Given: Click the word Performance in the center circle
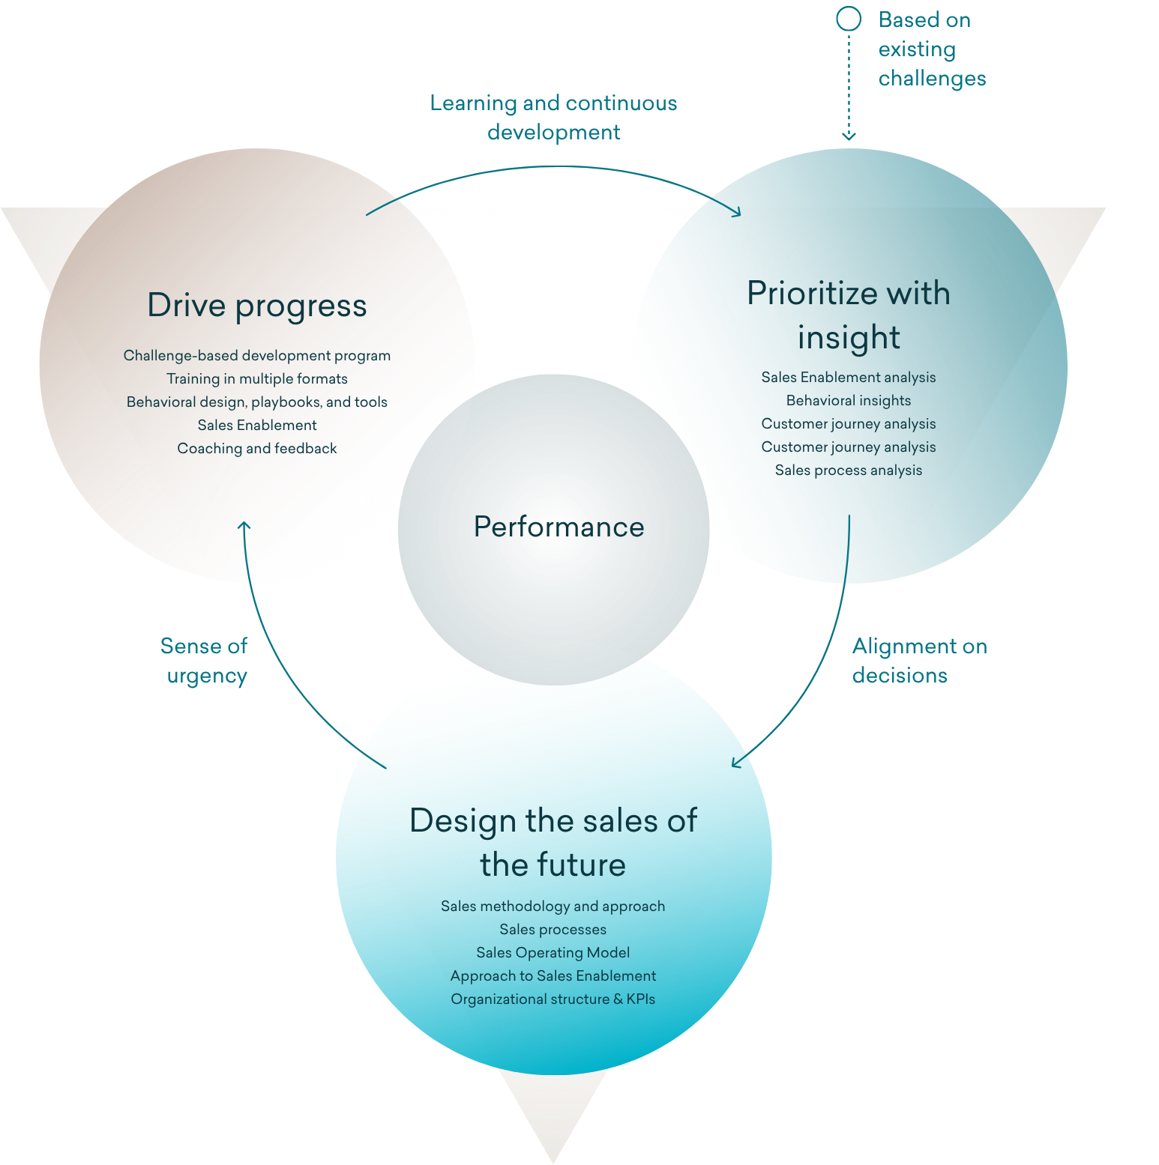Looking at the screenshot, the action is point(559,527).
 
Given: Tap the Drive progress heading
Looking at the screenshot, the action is point(257,306).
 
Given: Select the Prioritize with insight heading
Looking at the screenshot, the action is point(849,315).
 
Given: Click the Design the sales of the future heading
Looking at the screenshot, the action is point(553,842).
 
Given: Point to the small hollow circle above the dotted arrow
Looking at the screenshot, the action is point(849,19).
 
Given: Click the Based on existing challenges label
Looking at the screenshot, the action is point(932,49).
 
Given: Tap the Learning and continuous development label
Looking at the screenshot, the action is point(553,118).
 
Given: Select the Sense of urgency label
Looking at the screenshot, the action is point(204,661).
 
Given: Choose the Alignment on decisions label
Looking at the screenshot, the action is point(920,661).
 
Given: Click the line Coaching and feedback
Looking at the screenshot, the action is point(257,448).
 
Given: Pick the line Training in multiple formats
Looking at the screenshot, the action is point(257,378).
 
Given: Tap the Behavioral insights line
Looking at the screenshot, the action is point(849,400).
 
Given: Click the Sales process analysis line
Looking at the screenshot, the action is point(849,470).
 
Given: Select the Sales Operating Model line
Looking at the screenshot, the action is point(553,952).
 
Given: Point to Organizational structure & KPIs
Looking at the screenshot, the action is point(553,999).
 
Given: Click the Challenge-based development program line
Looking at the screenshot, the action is point(257,355).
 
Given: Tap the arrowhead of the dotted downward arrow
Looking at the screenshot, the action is point(849,136).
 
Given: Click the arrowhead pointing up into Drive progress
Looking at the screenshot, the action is point(244,525).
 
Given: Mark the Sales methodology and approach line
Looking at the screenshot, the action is point(553,906).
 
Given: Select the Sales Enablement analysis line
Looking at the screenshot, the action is point(849,377).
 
